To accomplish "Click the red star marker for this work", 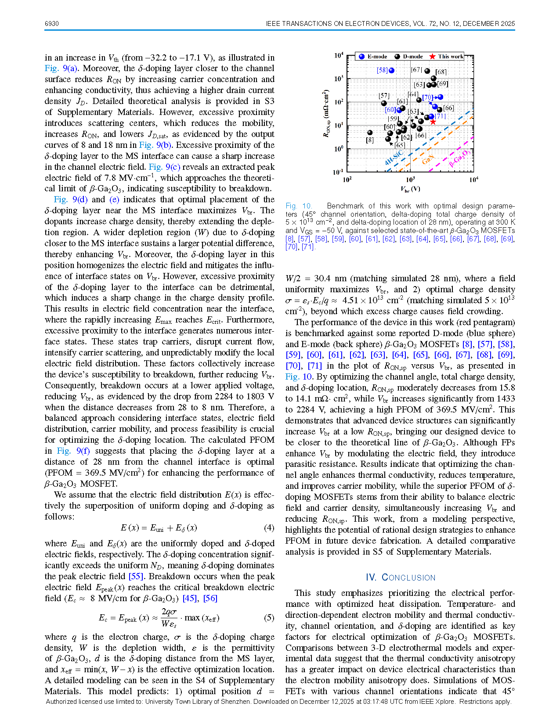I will click(433, 122).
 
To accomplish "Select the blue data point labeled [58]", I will click(392, 70).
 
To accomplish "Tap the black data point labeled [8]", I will click(370, 133).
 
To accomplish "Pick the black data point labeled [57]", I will click(384, 103).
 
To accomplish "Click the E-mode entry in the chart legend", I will click(373, 57).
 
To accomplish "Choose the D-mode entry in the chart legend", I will click(408, 57).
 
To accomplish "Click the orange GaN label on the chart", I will click(428, 159).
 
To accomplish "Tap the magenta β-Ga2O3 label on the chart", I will click(459, 158).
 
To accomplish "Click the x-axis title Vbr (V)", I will click(410, 189).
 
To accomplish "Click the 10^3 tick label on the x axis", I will click(410, 179).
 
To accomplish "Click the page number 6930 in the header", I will click(52, 24).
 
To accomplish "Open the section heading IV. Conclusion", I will click(400, 577).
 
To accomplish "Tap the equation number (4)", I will click(269, 527).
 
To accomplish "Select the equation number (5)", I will click(269, 618).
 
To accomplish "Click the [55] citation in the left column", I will click(136, 576).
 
